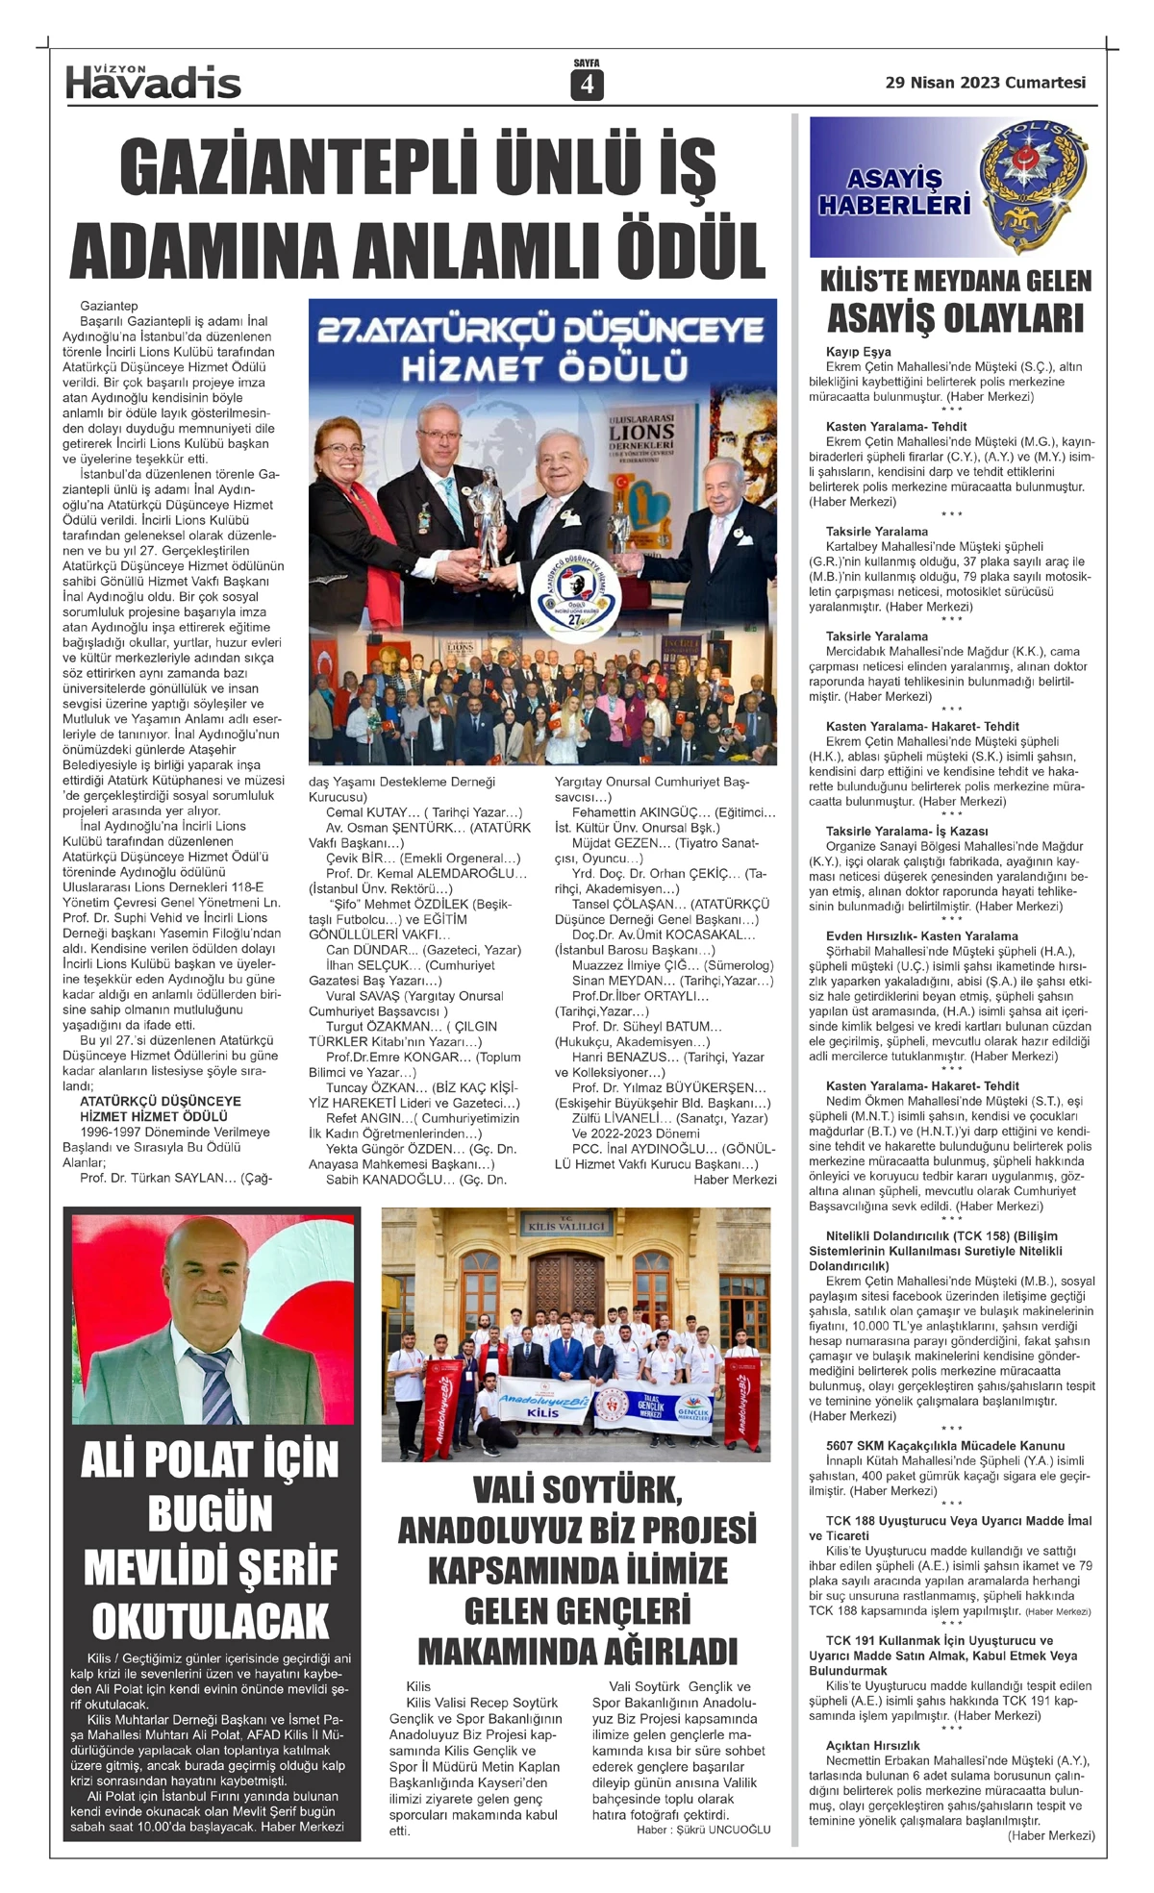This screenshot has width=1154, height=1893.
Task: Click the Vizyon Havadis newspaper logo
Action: (153, 83)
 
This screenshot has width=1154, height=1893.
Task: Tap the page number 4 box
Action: (587, 86)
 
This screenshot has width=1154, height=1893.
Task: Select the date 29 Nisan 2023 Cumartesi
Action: (985, 83)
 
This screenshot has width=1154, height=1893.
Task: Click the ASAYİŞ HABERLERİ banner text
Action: (893, 191)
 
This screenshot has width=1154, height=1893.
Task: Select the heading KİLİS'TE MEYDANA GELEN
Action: (955, 282)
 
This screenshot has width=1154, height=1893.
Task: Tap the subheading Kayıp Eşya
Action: (858, 352)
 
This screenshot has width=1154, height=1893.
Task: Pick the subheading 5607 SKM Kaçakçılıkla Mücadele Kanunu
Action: (944, 1445)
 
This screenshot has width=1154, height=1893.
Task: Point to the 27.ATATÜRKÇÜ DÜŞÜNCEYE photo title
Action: (541, 331)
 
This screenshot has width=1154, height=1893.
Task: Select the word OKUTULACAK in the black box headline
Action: (211, 1620)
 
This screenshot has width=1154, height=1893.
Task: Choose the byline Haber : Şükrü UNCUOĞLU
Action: (703, 1830)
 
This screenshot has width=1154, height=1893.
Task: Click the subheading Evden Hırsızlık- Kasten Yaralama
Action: (921, 935)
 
